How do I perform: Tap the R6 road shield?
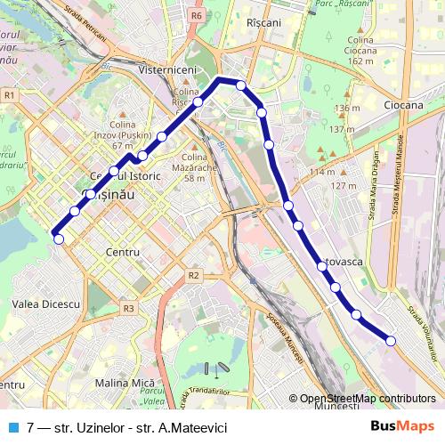click(197, 15)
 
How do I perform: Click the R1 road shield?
click(9, 94)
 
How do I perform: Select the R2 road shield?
click(194, 276)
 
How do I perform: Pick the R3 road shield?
click(129, 308)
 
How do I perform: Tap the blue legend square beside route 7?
click(12, 427)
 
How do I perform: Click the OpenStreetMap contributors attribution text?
click(368, 399)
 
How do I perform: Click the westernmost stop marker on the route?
click(58, 238)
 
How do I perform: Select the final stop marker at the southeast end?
click(391, 340)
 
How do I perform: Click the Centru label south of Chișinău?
click(122, 253)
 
